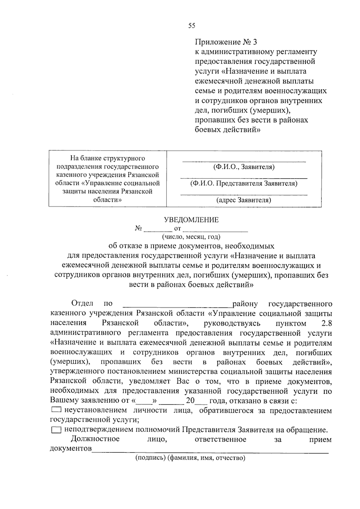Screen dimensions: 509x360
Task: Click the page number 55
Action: click(x=192, y=26)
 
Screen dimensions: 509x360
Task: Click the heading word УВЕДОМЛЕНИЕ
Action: click(x=191, y=220)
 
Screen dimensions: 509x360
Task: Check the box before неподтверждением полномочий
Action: click(x=56, y=430)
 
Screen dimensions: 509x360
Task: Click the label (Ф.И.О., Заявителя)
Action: click(x=244, y=167)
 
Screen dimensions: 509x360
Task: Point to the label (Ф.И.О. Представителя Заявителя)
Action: click(x=244, y=184)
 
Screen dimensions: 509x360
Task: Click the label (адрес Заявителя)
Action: click(x=244, y=200)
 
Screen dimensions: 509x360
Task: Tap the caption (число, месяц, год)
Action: click(x=191, y=237)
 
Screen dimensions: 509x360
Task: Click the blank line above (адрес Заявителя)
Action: click(x=244, y=195)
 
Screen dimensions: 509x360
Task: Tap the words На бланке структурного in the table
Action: click(x=107, y=158)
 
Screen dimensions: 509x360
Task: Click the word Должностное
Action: click(x=95, y=439)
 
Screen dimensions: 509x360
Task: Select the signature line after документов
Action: click(x=210, y=451)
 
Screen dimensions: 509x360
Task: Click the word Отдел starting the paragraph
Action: click(x=82, y=304)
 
